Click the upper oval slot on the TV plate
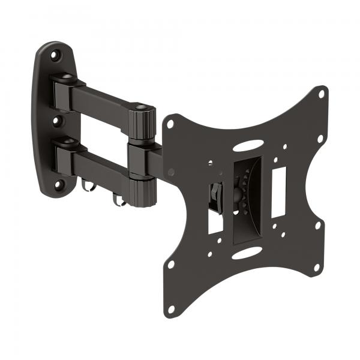point(247,146)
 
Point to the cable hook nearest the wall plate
point(88,186)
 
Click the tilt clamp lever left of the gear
point(215,193)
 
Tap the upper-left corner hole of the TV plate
point(170,124)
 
